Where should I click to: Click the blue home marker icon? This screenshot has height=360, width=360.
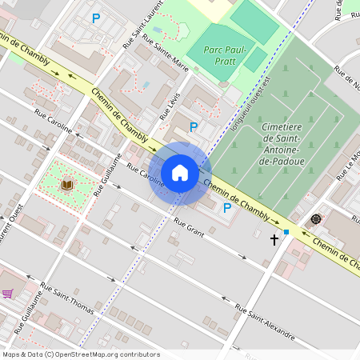(180, 173)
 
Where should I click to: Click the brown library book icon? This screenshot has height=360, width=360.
(67, 184)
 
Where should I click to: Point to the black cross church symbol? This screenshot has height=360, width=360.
(274, 238)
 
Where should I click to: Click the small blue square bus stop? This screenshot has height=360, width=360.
(286, 232)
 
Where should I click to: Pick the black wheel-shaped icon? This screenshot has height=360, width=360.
(316, 218)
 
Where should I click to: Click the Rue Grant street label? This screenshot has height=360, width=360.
(189, 230)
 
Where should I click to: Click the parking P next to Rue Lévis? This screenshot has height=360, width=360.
(193, 126)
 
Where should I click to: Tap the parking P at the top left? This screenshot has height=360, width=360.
(96, 18)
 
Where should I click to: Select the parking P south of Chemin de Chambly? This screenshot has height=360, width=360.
(227, 207)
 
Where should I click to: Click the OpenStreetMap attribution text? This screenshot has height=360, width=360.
(81, 354)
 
